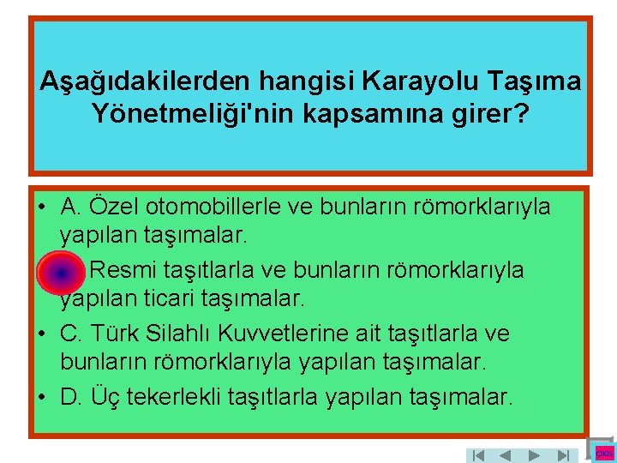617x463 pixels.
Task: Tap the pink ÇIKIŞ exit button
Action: coord(605,452)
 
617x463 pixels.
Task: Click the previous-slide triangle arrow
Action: coord(506,455)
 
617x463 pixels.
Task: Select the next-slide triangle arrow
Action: coord(534,455)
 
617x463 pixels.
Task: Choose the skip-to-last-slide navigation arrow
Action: coord(562,455)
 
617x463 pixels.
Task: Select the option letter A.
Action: coord(70,207)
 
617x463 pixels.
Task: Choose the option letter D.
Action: coord(70,397)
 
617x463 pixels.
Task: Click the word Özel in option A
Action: coord(112,207)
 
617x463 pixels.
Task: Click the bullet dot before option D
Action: coord(41,398)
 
